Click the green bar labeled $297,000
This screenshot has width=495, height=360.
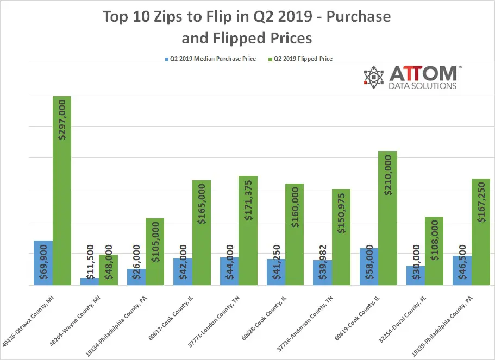(62, 190)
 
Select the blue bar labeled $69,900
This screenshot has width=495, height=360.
(43, 263)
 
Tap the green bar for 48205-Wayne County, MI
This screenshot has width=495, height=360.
(108, 270)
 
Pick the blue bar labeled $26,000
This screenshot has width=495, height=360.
(136, 277)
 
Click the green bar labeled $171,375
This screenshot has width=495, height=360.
(248, 230)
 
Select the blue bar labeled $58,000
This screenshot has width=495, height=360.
(369, 267)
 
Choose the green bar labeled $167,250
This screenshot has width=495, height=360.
(480, 232)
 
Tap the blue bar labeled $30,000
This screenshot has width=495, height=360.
(415, 276)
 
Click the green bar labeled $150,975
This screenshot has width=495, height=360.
(341, 237)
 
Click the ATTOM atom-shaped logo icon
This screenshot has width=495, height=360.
(374, 77)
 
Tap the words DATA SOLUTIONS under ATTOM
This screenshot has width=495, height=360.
(423, 86)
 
